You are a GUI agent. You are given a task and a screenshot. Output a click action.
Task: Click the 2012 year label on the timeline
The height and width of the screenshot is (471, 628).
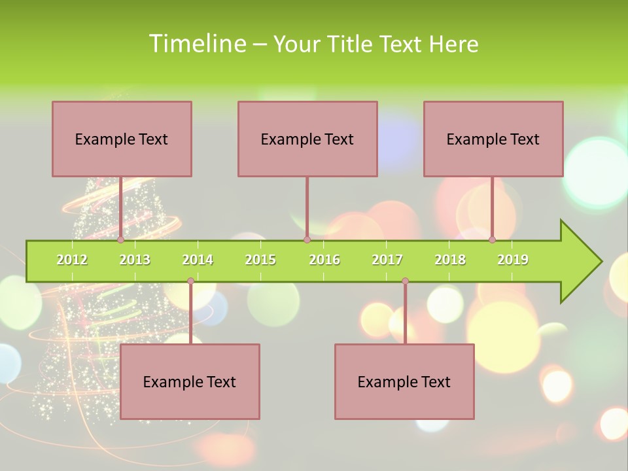pyautogui.click(x=72, y=260)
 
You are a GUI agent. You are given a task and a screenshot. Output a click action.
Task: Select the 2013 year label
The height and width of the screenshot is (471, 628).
pyautogui.click(x=135, y=260)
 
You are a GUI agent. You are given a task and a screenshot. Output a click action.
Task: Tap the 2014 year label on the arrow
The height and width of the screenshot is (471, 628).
pyautogui.click(x=198, y=260)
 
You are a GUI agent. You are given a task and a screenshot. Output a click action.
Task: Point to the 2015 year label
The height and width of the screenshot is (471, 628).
pyautogui.click(x=260, y=260)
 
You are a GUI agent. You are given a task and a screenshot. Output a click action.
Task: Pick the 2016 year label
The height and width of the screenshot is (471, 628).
pyautogui.click(x=324, y=260)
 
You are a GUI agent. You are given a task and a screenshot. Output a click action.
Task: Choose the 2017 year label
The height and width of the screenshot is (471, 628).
pyautogui.click(x=387, y=260)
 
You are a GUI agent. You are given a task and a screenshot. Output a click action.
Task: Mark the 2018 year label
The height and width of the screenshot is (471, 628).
pyautogui.click(x=450, y=260)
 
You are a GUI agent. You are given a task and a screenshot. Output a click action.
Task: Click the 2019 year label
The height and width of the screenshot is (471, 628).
pyautogui.click(x=513, y=260)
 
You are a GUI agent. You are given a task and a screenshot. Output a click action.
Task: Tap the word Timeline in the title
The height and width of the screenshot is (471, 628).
pyautogui.click(x=197, y=44)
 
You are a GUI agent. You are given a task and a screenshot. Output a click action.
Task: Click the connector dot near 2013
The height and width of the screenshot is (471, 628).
pyautogui.click(x=120, y=240)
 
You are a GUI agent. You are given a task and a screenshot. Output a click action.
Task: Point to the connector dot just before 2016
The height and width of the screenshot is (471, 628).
pyautogui.click(x=307, y=240)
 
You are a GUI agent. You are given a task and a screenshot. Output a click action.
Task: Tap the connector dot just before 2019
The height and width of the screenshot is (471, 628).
pyautogui.click(x=492, y=240)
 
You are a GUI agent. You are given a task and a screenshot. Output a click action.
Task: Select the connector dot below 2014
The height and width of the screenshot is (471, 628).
pyautogui.click(x=190, y=281)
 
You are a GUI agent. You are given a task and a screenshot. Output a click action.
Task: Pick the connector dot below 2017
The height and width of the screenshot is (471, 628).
pyautogui.click(x=405, y=281)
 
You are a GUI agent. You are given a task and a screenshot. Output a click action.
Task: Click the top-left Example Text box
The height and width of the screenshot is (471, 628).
pyautogui.click(x=122, y=139)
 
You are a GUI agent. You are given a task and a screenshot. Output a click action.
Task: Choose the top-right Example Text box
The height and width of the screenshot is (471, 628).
pyautogui.click(x=493, y=139)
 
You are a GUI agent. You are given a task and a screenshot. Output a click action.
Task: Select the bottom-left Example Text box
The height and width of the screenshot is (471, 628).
pyautogui.click(x=190, y=381)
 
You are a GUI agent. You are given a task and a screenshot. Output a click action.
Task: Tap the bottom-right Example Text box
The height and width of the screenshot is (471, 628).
pyautogui.click(x=404, y=381)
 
